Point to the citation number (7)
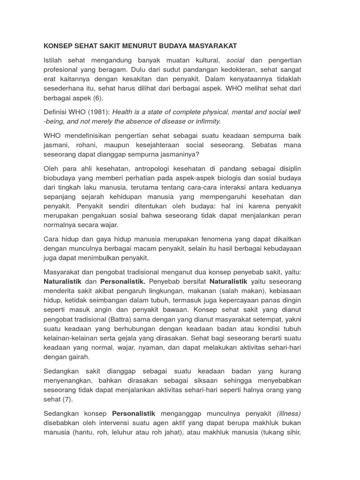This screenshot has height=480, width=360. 69,399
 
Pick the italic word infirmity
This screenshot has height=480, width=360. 204,121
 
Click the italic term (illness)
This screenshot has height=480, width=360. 289,413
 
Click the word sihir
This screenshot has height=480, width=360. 293,433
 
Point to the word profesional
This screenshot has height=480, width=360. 62,69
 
